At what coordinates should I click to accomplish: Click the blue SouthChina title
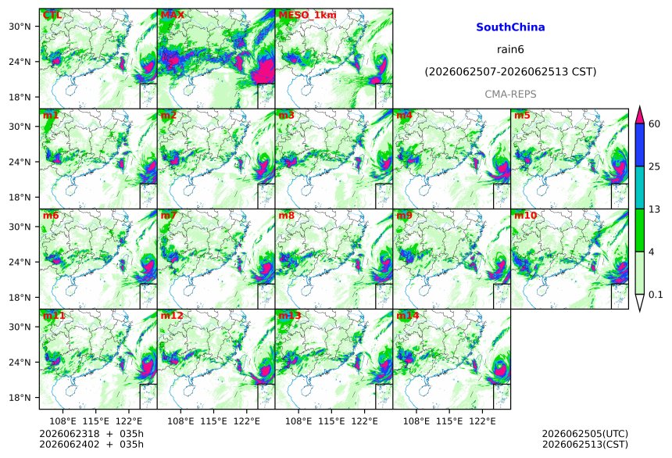tap(510, 27)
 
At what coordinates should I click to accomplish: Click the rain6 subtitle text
tap(510, 49)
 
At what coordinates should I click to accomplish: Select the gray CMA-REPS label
tap(510, 94)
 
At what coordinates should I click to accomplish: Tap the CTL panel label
tap(52, 15)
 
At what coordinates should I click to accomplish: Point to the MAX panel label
tap(172, 15)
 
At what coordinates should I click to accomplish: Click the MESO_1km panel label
tap(307, 15)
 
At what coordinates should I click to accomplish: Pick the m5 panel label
tap(522, 116)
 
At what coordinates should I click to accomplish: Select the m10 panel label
tap(525, 215)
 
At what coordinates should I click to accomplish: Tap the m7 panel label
tap(169, 215)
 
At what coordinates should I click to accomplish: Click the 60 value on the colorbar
tap(655, 124)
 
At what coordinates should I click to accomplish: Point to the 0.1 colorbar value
tap(656, 294)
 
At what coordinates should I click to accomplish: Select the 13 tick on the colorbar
tap(655, 209)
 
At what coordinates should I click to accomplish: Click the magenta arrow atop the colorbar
tap(640, 115)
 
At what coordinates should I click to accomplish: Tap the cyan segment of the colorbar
tap(640, 188)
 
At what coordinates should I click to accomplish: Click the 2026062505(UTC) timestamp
tap(585, 434)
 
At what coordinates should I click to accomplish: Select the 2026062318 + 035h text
tap(91, 434)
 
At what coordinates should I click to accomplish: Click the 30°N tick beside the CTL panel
tap(20, 26)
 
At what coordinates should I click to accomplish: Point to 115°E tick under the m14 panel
tap(449, 421)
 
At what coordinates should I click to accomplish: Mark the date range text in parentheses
tap(510, 72)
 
